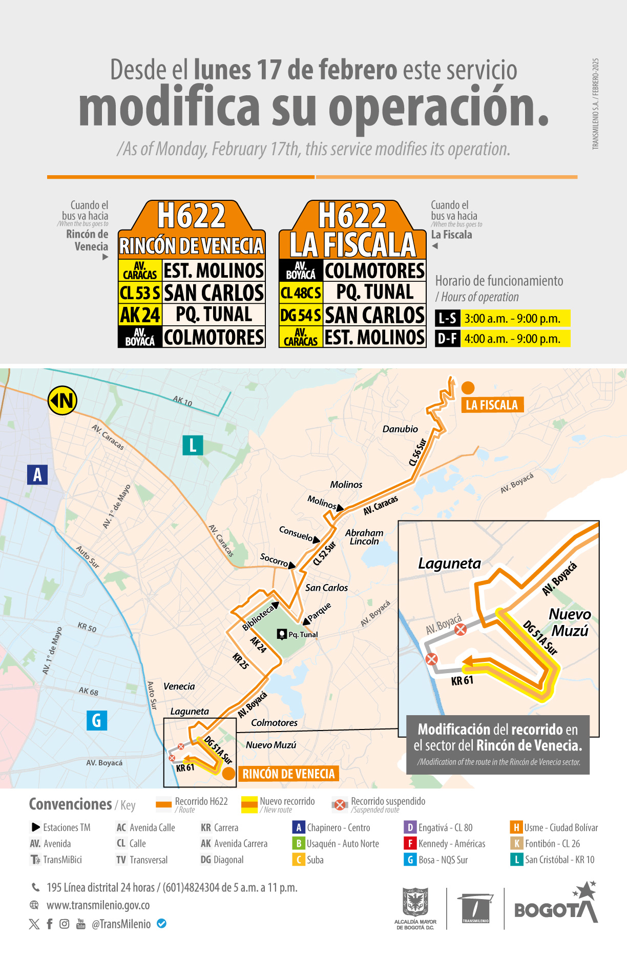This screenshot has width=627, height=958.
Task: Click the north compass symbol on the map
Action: pyautogui.click(x=62, y=401)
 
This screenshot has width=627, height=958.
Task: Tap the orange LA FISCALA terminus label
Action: pyautogui.click(x=492, y=405)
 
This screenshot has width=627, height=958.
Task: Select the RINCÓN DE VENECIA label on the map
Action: pyautogui.click(x=288, y=774)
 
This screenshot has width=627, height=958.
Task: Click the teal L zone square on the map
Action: pyautogui.click(x=193, y=445)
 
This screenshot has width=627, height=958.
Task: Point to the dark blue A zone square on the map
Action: pyautogui.click(x=37, y=474)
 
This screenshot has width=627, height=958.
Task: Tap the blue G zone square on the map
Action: pyautogui.click(x=96, y=720)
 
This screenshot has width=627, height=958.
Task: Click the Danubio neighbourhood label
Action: pyautogui.click(x=400, y=429)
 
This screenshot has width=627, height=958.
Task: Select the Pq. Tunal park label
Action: pyautogui.click(x=303, y=634)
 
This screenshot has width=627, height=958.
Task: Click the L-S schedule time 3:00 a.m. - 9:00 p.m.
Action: pyautogui.click(x=512, y=319)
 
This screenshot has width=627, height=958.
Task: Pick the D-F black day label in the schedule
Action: pyautogui.click(x=447, y=339)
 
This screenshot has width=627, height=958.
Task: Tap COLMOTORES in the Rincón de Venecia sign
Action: pyautogui.click(x=214, y=337)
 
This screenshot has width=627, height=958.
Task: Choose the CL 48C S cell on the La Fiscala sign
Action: pyautogui.click(x=301, y=293)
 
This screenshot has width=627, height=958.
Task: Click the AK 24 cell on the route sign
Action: pyautogui.click(x=140, y=315)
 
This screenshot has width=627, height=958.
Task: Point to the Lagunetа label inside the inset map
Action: pyautogui.click(x=449, y=564)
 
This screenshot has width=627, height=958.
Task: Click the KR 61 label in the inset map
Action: pyautogui.click(x=462, y=681)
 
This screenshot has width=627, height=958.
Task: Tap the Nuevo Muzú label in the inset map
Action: pyautogui.click(x=570, y=622)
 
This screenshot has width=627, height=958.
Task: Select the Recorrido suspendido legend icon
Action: pyautogui.click(x=339, y=805)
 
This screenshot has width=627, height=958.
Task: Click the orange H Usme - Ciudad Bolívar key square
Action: pyautogui.click(x=516, y=827)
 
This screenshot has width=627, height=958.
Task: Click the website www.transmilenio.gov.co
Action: pyautogui.click(x=98, y=905)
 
